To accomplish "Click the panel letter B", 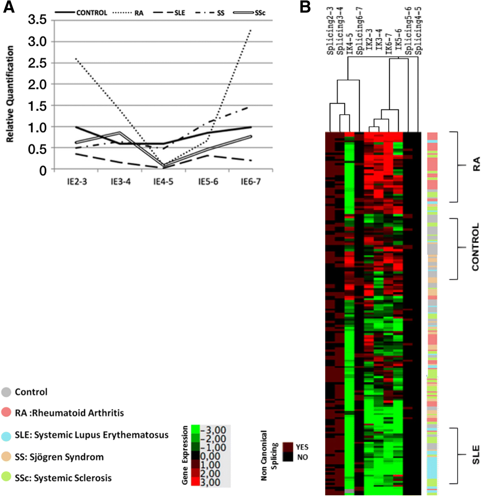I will pos(305,7).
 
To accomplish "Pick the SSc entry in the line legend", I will pos(260,13).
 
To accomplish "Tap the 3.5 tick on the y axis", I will pos(37,20).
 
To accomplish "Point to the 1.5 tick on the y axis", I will pos(37,106).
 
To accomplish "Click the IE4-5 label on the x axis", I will pos(163,182).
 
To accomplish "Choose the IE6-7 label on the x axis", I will pos(251,182).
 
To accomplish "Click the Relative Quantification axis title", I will pos(10,94).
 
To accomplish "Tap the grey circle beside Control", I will pos(6,392).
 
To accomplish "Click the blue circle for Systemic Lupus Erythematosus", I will pos(6,436).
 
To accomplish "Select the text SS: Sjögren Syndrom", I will pos(59,457).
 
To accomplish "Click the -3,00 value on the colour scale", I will pos(213,431).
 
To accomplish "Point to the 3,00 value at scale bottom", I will pos(210,482).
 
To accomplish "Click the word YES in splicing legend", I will pos(302,447).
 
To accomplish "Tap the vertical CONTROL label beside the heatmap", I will pos(476,247).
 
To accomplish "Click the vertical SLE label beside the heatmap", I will pos(476,455).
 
